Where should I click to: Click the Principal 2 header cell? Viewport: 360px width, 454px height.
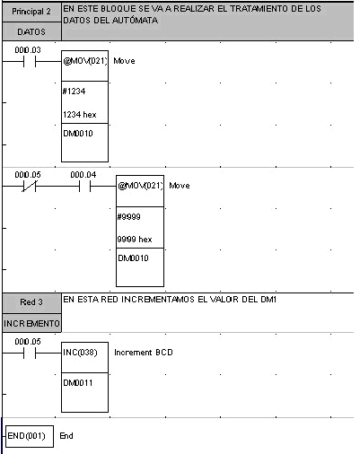31,12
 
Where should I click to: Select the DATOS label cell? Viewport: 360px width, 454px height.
31,31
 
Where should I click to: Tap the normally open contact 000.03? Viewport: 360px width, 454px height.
30,62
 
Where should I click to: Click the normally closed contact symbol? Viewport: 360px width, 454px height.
30,187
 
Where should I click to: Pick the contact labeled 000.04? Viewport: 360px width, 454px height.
85,187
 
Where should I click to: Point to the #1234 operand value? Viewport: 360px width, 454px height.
74,91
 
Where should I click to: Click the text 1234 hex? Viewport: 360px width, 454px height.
80,115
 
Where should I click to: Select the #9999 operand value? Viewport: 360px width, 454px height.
129,216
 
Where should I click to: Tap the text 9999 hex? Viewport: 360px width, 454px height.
135,240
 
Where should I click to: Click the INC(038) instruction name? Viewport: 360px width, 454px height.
80,353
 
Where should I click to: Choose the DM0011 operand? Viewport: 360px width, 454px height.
78,382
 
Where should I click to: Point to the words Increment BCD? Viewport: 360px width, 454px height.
144,353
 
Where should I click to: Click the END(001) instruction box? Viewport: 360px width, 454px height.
30,436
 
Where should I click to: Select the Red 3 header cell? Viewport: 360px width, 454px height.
31,302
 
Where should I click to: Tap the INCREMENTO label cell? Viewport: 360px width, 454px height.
31,323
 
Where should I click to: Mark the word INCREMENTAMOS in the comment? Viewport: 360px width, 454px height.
158,299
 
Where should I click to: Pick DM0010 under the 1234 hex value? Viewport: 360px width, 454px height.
78,134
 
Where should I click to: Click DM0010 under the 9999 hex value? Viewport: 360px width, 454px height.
133,258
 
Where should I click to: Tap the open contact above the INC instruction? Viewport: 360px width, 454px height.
30,354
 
